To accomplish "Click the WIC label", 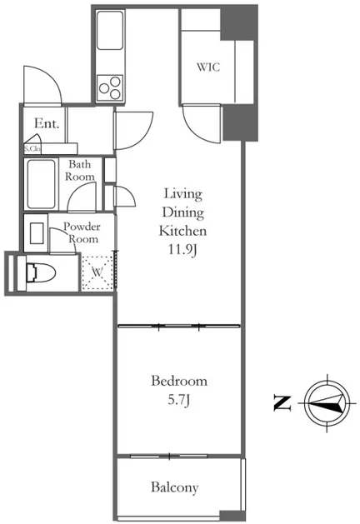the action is [x=208, y=67].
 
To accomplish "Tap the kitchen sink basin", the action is [x=110, y=31].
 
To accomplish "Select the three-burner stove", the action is [x=110, y=87].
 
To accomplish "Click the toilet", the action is [x=41, y=272].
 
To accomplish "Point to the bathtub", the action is [x=41, y=184].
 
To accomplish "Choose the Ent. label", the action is [x=47, y=123].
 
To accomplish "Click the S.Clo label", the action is [x=32, y=149].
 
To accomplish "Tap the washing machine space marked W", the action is [x=97, y=272].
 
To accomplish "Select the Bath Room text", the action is [x=79, y=171].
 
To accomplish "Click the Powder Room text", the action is [x=82, y=233].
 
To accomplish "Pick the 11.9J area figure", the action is [x=182, y=250].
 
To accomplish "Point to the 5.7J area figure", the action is [x=179, y=400].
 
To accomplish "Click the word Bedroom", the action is [x=179, y=381].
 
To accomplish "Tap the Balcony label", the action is [x=174, y=487].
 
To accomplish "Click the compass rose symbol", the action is [x=327, y=403].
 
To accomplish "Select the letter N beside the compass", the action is [x=282, y=403].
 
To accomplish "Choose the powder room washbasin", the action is [x=37, y=233].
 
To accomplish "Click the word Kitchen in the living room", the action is [x=182, y=231].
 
